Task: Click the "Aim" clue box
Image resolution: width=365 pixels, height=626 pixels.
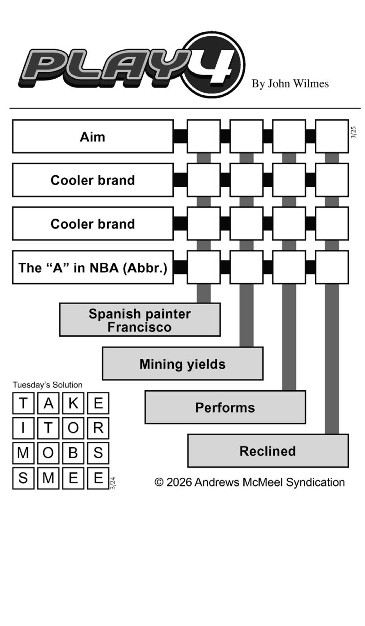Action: (92, 137)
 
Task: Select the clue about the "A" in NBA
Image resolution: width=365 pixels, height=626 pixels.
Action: (92, 268)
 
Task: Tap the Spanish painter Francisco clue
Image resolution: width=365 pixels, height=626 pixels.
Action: (140, 320)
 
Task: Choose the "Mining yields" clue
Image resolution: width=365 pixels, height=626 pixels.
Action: (182, 364)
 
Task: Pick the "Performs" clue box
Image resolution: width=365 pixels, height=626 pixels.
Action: (225, 407)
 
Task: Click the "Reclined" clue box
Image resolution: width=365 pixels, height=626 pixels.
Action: (268, 451)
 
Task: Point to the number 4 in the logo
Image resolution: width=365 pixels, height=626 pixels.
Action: (214, 66)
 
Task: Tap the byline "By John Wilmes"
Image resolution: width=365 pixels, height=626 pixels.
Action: (290, 84)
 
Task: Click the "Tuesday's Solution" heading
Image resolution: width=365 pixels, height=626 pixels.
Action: (48, 385)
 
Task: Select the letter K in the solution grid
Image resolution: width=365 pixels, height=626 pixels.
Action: (73, 403)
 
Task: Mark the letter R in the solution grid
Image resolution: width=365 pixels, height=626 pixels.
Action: (98, 428)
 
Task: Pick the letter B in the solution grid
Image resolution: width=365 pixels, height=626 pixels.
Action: (73, 453)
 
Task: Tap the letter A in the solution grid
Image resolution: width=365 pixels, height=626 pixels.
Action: (48, 403)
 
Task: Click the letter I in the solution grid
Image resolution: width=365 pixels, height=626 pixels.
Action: (23, 428)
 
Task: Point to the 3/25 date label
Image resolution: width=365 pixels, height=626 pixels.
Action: (353, 132)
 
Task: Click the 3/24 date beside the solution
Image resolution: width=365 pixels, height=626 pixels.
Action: (113, 483)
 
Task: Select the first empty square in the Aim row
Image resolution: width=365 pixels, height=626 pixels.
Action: (203, 137)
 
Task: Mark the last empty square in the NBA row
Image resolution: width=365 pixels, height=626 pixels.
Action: (332, 268)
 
